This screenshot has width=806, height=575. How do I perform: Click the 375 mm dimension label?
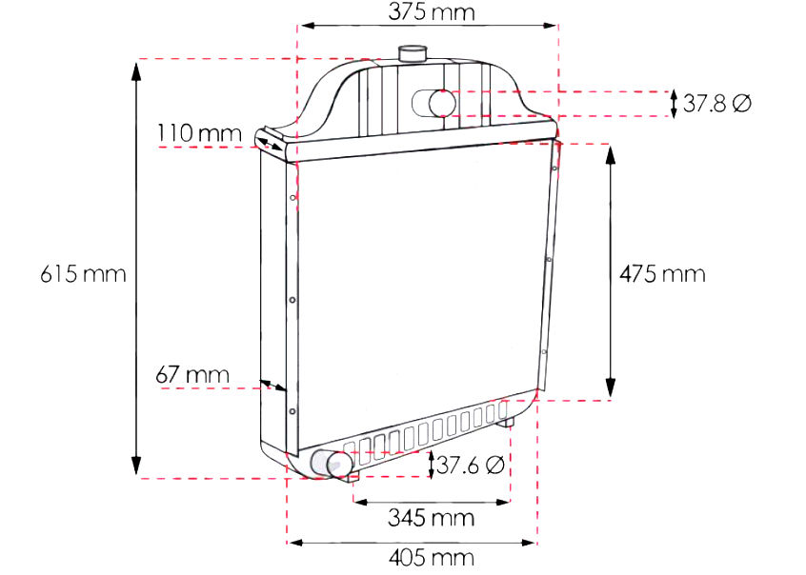432,11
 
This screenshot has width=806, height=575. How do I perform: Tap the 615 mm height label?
83,274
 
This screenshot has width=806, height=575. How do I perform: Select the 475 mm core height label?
662,274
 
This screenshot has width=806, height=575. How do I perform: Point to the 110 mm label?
199,133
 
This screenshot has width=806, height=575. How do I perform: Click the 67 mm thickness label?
192,375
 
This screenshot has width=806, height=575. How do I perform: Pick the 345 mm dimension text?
431,518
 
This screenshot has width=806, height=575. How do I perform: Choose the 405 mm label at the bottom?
431,558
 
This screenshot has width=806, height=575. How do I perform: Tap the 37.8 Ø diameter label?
717,103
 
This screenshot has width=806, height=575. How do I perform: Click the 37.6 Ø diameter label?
470,465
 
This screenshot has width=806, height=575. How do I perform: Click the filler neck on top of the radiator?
413,54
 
